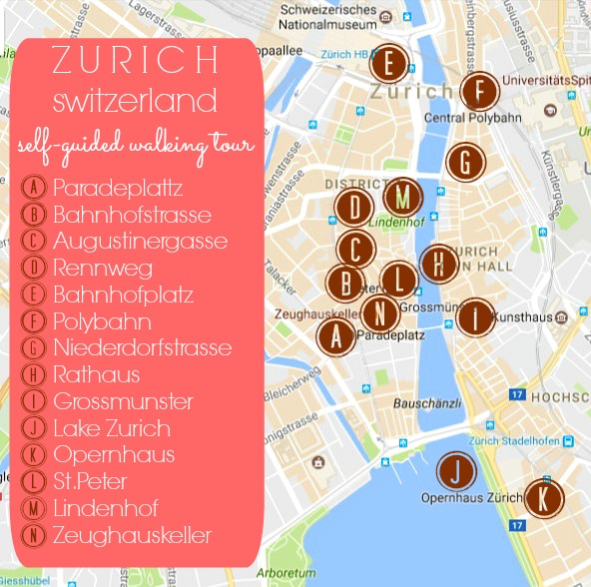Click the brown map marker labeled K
[x=543, y=498]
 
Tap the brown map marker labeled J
[x=456, y=471]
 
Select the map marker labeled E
[x=388, y=64]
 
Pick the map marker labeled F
[x=480, y=92]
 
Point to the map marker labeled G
[x=465, y=162]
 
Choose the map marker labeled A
[x=336, y=337]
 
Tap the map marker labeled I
[x=476, y=317]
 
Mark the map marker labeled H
[x=438, y=264]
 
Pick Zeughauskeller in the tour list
[x=133, y=536]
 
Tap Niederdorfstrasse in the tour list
[x=143, y=348]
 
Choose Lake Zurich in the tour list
[x=112, y=429]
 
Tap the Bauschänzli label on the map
[x=426, y=404]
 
